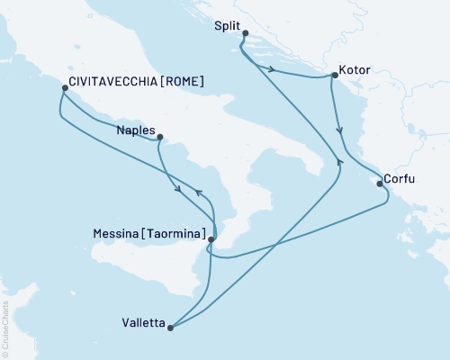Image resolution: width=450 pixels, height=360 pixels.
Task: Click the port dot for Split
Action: tap(245, 34)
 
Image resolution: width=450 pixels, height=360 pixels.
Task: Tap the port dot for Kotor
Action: tap(334, 76)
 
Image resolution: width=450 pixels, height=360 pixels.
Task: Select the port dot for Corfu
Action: tap(380, 185)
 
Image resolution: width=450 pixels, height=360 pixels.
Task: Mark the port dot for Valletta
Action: tap(170, 327)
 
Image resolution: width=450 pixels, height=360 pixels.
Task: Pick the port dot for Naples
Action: tap(159, 138)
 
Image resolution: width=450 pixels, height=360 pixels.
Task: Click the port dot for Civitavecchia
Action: tap(64, 88)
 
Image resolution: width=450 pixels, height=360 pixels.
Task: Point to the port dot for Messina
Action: tap(211, 239)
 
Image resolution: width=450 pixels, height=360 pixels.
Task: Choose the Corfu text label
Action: tap(399, 179)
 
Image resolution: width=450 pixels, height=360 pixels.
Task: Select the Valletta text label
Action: tap(142, 321)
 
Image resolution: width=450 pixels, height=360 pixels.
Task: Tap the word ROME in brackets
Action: tap(181, 82)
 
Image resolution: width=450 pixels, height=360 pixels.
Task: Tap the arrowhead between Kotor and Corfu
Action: tap(339, 131)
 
